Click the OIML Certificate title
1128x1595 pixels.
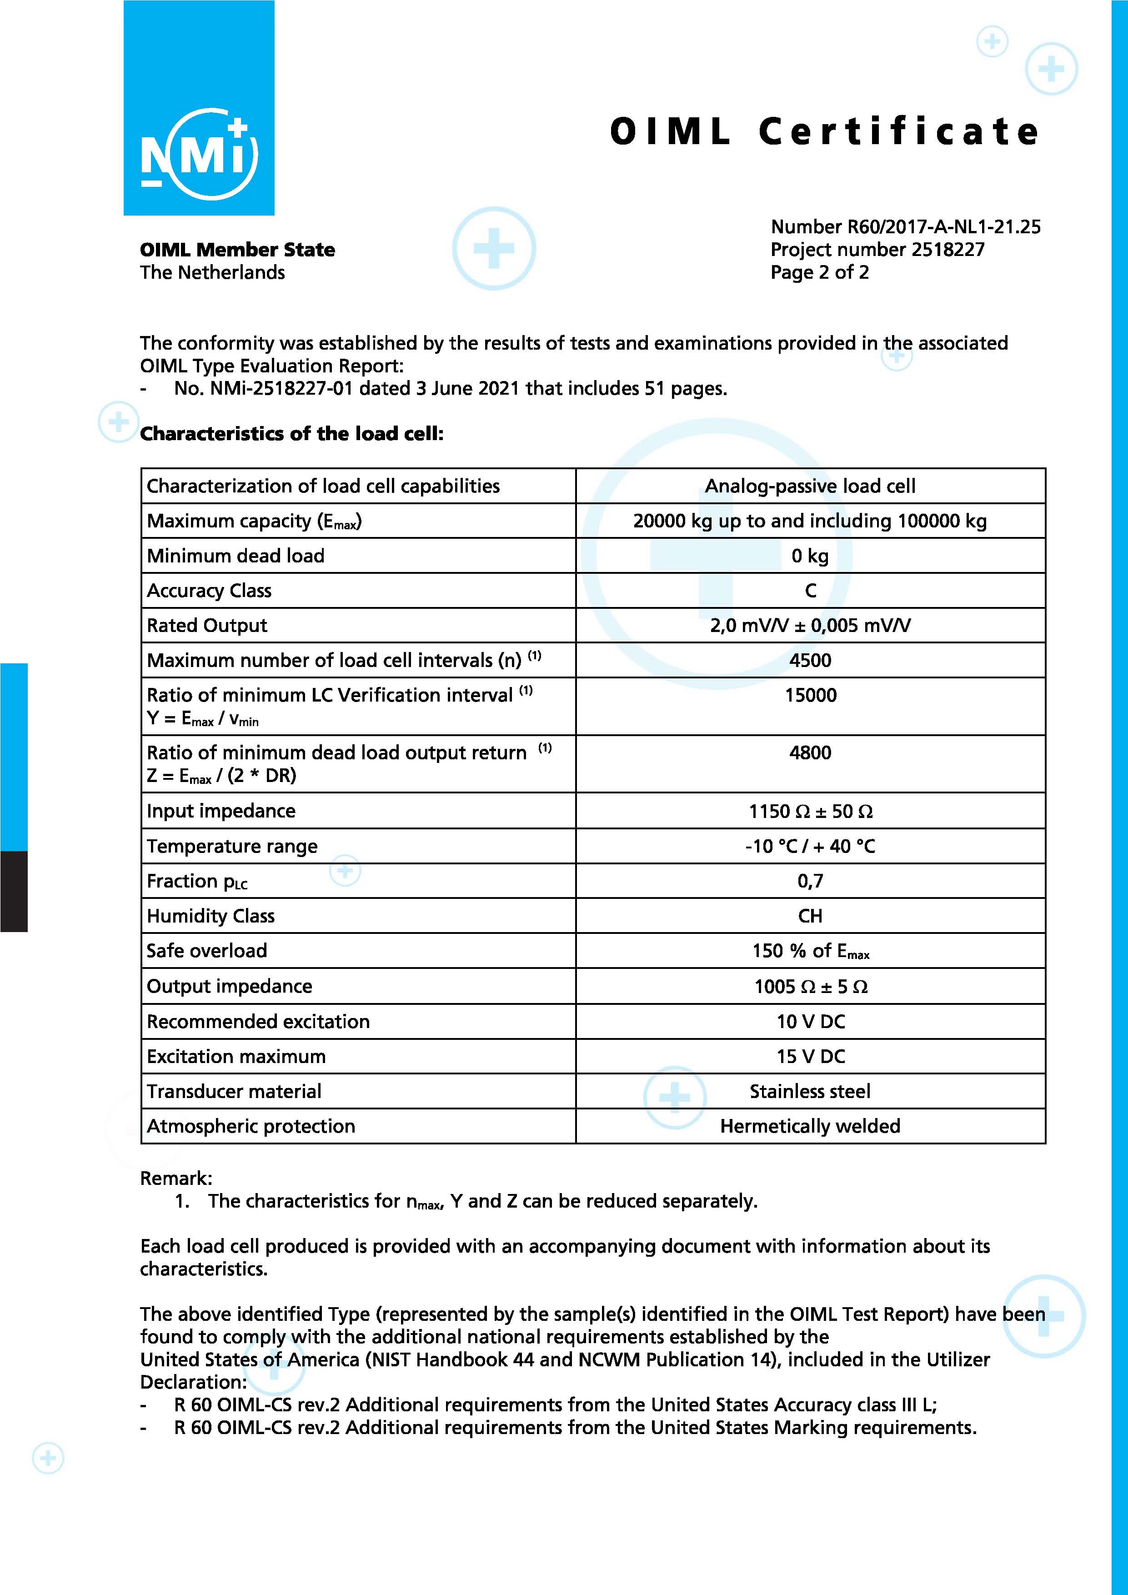(x=824, y=131)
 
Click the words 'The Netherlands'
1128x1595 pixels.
(x=212, y=272)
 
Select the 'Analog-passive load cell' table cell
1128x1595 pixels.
(x=810, y=486)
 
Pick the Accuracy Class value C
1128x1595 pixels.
(x=810, y=591)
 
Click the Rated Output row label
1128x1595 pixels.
(x=206, y=625)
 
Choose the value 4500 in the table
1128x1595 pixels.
(x=810, y=660)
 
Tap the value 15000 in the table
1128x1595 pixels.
(x=810, y=695)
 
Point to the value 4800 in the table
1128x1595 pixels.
(x=810, y=752)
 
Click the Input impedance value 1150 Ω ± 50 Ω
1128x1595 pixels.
(x=810, y=812)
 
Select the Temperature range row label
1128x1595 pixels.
(x=231, y=846)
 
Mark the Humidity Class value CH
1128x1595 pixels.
(x=810, y=916)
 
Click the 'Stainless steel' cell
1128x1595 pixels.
(x=809, y=1091)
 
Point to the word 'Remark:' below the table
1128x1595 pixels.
(x=176, y=1178)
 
